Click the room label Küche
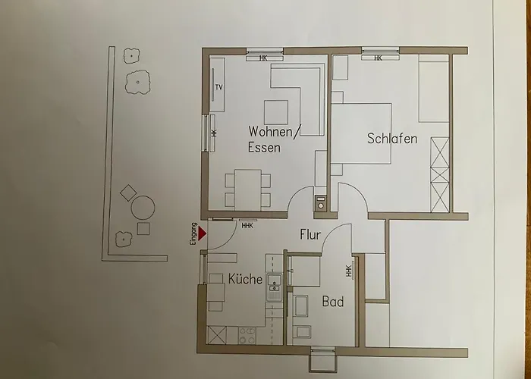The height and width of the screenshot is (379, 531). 245,279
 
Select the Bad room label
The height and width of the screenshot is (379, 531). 333,302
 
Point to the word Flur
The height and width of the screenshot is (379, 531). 312,234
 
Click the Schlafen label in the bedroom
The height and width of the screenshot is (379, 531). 392,139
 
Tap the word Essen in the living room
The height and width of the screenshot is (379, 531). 264,148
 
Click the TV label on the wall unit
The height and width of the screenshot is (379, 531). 219,88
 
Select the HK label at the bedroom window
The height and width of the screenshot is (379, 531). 376,58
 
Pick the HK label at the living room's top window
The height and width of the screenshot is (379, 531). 264,58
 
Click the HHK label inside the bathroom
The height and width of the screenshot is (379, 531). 348,270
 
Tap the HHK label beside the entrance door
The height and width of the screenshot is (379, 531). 247,225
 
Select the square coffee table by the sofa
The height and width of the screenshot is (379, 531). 275,111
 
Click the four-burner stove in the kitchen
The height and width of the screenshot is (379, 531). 247,334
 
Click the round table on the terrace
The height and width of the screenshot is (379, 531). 143,207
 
